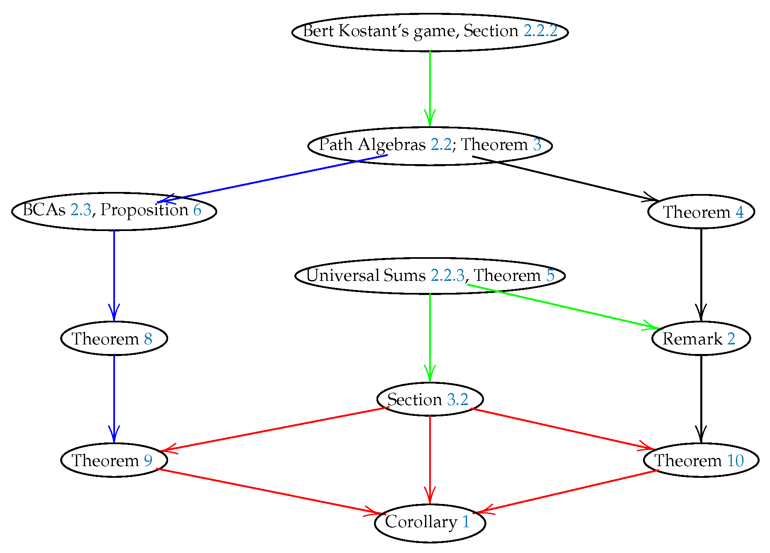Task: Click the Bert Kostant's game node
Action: click(430, 32)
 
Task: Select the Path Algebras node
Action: click(430, 146)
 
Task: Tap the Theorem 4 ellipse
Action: click(701, 212)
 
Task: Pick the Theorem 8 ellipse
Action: click(114, 339)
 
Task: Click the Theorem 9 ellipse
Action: click(114, 460)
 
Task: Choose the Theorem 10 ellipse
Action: click(701, 460)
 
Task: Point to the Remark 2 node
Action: click(701, 339)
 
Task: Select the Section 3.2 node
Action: click(430, 399)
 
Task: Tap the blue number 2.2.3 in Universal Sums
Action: click(447, 275)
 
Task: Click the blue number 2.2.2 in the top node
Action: click(540, 31)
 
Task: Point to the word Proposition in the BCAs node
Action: click(144, 210)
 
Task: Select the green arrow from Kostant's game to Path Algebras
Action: click(430, 87)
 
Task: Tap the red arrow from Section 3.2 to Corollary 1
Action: click(430, 457)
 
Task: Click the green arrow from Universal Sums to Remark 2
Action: click(560, 306)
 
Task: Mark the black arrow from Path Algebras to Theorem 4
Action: click(565, 178)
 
